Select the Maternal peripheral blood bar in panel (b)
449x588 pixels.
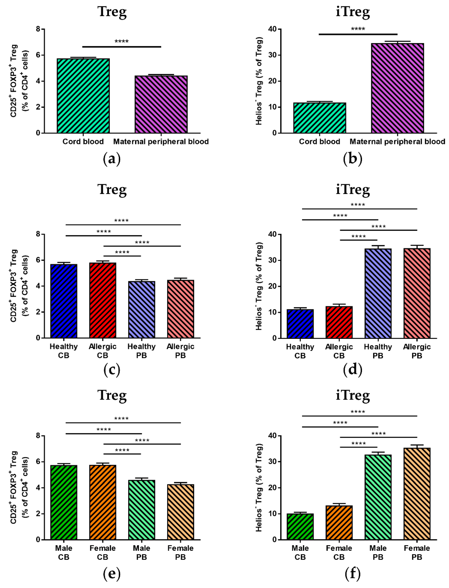(397, 88)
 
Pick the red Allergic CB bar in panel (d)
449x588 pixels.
(339, 322)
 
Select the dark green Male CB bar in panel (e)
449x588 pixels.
(64, 502)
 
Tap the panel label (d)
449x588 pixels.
(353, 370)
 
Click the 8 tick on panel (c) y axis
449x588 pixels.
(38, 234)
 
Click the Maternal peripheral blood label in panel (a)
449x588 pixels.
(161, 141)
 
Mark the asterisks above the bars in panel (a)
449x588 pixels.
(122, 41)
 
